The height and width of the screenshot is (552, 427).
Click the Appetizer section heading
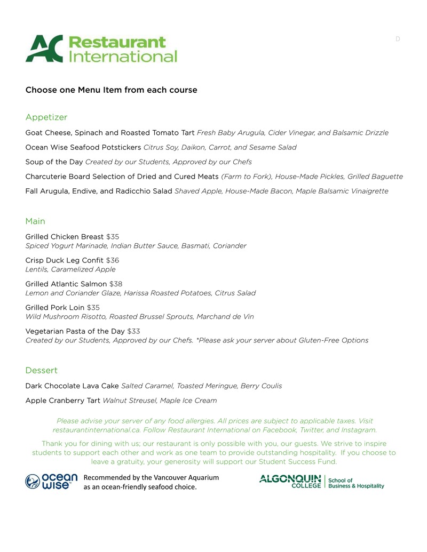(46, 117)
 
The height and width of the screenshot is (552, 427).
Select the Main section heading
(35, 221)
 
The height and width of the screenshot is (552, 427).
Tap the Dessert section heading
(41, 371)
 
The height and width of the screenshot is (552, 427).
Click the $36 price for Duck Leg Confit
(113, 260)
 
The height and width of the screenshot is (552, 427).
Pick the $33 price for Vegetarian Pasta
(133, 331)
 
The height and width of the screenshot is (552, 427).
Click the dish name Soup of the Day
(54, 162)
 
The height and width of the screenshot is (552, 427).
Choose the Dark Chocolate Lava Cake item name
(72, 386)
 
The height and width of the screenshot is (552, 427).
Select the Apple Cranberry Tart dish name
(62, 401)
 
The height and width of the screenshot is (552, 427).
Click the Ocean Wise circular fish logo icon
(33, 482)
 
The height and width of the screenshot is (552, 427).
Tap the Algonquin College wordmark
(290, 481)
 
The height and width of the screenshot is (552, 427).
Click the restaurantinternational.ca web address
(94, 430)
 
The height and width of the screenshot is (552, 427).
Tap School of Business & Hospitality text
(355, 483)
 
